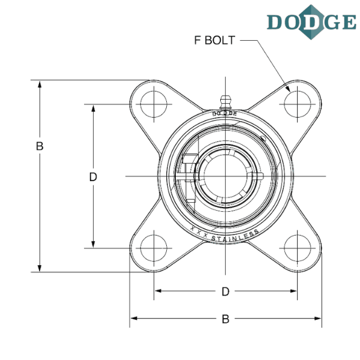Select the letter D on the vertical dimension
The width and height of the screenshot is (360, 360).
93,176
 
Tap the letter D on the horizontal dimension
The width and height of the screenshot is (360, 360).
225,292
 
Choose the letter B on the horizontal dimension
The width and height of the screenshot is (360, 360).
225,319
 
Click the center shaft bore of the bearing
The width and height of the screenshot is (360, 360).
226,175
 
